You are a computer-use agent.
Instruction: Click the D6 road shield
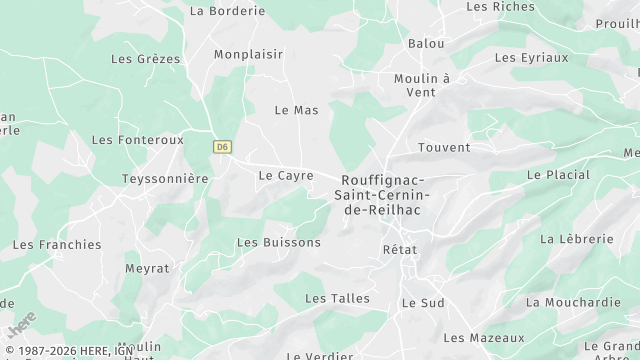[222, 146]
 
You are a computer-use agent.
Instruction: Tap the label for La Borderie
[227, 11]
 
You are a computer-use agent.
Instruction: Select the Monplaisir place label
[248, 54]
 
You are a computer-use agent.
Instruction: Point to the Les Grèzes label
[146, 59]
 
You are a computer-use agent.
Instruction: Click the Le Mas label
[296, 110]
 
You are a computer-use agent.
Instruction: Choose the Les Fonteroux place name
[138, 140]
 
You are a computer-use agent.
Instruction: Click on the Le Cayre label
[286, 175]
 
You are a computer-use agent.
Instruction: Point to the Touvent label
[444, 148]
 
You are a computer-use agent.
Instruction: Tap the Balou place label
[427, 45]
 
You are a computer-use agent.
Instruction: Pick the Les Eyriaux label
[531, 58]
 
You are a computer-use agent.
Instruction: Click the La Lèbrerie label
[575, 239]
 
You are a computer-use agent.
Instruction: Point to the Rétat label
[400, 249]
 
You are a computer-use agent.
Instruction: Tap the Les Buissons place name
[278, 243]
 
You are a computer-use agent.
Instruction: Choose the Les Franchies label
[57, 244]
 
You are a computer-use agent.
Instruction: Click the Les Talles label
[337, 298]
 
